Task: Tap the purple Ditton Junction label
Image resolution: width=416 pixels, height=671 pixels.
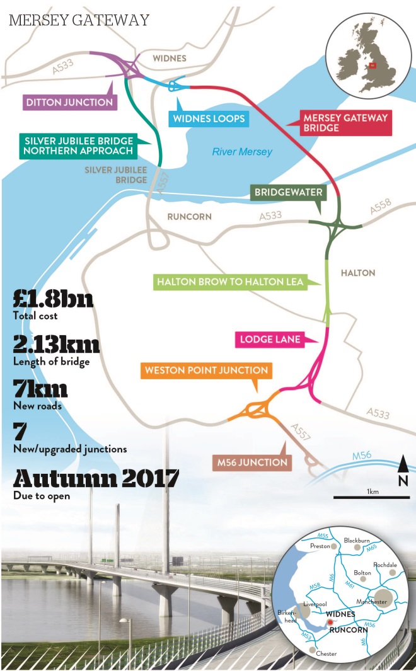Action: (69, 102)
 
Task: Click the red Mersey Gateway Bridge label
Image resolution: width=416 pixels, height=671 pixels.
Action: (345, 122)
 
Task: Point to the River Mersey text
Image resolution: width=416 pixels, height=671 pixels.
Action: (242, 152)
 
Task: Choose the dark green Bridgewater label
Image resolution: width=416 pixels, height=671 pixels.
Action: (289, 192)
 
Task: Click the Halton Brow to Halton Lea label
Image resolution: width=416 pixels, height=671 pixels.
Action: (230, 282)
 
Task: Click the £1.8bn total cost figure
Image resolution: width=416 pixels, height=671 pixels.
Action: (53, 299)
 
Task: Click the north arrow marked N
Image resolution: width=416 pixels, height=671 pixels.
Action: (402, 473)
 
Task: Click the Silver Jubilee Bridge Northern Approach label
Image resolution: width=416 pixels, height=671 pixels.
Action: (79, 145)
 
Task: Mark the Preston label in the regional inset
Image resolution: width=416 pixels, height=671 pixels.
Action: (321, 546)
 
